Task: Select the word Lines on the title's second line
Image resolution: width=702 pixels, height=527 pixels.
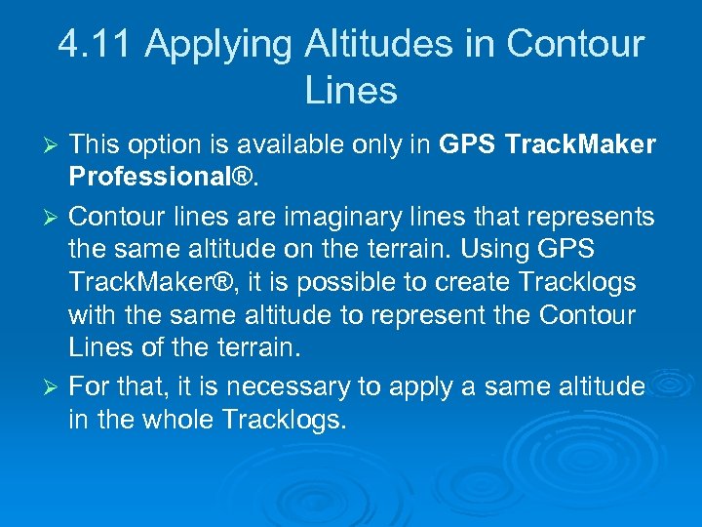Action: click(x=351, y=91)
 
